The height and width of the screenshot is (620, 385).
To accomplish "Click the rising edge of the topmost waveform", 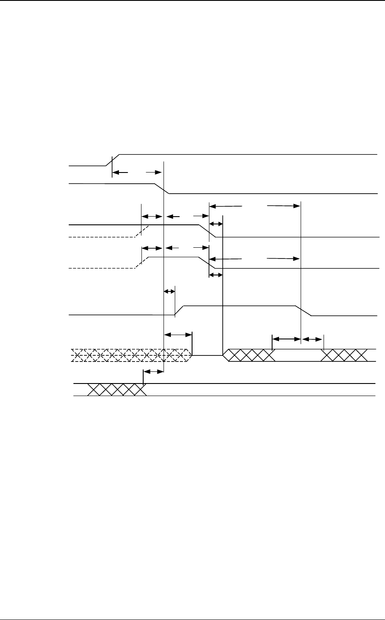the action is tap(113, 160).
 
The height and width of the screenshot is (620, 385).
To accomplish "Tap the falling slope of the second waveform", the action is tap(162, 189).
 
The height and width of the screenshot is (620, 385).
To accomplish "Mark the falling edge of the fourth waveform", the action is tap(207, 263).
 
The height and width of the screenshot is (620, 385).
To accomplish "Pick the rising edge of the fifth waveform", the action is tap(180, 310).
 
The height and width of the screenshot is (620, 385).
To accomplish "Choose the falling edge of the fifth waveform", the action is tap(303, 310).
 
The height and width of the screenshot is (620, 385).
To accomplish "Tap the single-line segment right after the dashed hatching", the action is tap(207, 355).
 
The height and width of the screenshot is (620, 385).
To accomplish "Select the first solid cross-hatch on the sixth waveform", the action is tap(250, 355).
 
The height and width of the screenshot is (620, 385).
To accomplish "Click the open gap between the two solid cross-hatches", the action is tap(298, 355).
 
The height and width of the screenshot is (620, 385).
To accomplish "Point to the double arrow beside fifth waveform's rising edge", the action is tap(170, 291).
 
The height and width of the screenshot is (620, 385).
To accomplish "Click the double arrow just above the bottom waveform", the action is tap(153, 371).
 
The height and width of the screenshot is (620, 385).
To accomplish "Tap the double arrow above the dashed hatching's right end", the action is tap(178, 334).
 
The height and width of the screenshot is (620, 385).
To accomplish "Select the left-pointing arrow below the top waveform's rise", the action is tap(120, 173).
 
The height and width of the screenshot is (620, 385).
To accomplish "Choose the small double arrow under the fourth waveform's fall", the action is tap(215, 275).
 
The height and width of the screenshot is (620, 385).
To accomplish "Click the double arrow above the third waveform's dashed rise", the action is tap(152, 215).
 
